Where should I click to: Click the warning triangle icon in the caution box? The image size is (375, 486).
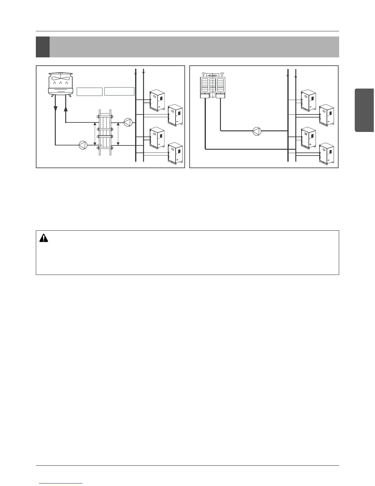coord(44,238)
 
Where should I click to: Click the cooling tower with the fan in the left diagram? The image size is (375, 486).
coord(61,83)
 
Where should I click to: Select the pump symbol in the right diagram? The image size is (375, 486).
coord(257,131)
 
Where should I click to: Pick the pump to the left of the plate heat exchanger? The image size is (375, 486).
coord(83,145)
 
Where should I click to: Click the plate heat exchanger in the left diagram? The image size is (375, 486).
coord(104,132)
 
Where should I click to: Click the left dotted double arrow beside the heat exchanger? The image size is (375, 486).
coord(95,134)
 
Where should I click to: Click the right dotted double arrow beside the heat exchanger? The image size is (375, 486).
coord(118,134)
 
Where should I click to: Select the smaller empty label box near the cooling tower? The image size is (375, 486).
coord(89,92)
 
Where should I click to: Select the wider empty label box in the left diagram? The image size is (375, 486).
coord(119,91)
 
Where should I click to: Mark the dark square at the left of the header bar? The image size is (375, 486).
coord(43,47)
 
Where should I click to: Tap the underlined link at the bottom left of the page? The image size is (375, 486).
coord(61,484)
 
